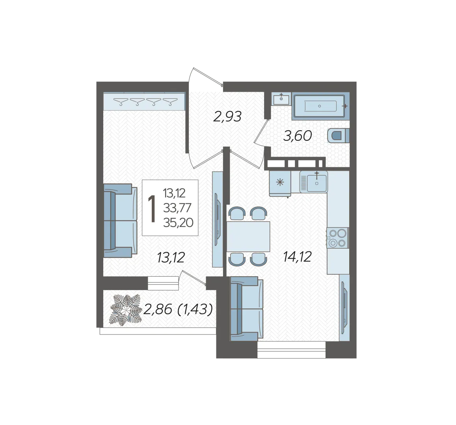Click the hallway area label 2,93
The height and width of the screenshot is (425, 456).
tap(227, 117)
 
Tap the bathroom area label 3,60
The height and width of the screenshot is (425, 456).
tap(298, 136)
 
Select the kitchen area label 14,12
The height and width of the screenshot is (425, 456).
tap(297, 257)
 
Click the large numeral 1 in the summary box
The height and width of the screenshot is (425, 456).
tap(152, 209)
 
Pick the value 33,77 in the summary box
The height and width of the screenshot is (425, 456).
tap(177, 208)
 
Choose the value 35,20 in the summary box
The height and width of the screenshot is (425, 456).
tap(178, 223)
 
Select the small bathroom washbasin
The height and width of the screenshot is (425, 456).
tap(281, 99)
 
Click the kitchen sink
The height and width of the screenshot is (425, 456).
tap(314, 182)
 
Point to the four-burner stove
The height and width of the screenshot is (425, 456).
tap(337, 238)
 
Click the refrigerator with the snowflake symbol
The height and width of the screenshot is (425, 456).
tap(280, 183)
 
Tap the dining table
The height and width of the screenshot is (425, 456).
tap(248, 236)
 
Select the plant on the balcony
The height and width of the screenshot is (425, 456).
tap(125, 310)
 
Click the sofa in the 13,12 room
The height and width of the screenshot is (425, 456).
tap(120, 221)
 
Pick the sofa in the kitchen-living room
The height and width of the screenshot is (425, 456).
tap(247, 309)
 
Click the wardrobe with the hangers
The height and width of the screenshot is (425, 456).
tap(144, 101)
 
